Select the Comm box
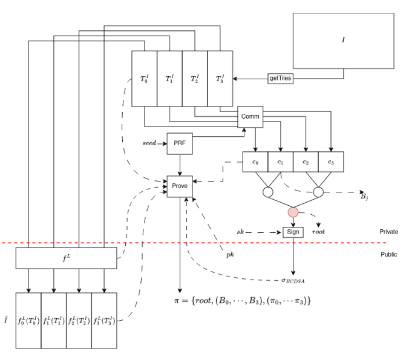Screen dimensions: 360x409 pos(250,116)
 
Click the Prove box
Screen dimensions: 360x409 pos(180,186)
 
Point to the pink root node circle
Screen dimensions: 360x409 pos(293,212)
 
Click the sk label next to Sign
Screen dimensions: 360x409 pos(240,232)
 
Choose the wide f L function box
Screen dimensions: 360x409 pos(66,259)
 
